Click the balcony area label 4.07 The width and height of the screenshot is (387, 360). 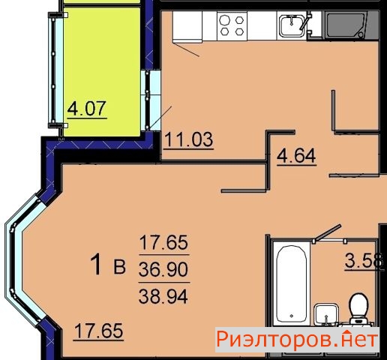(x=87, y=109)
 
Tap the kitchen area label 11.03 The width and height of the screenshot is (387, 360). (x=189, y=139)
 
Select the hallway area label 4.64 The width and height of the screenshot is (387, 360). (x=296, y=155)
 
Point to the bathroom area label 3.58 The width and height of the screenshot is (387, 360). (x=364, y=260)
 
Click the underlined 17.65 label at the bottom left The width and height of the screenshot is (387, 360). (x=99, y=331)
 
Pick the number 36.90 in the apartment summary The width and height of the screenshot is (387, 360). (x=163, y=270)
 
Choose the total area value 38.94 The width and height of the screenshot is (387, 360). (x=163, y=296)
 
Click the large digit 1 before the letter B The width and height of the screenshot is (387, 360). (x=96, y=264)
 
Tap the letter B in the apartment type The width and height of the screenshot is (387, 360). (x=119, y=267)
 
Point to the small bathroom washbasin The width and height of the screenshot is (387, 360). (x=325, y=314)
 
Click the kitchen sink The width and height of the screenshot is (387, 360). (x=292, y=25)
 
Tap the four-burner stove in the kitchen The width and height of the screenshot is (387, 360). (x=232, y=25)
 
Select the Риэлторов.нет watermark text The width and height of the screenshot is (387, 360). (x=297, y=340)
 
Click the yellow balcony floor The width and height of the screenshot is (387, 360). (x=102, y=72)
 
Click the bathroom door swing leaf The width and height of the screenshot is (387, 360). (x=328, y=232)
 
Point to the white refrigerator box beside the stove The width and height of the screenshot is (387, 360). (x=187, y=25)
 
